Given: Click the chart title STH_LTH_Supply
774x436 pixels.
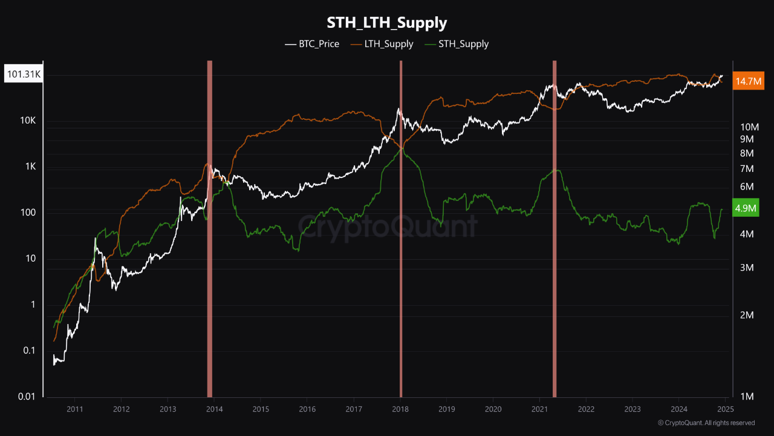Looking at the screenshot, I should (387, 23).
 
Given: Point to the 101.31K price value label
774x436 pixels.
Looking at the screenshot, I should (23, 75).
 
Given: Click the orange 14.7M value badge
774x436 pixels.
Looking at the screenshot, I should (746, 81).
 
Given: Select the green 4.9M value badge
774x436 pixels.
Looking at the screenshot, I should (745, 208).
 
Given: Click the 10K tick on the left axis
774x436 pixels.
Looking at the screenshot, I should (28, 121).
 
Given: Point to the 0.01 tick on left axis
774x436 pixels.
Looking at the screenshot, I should (25, 397).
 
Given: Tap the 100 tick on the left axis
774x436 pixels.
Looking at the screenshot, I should (28, 213).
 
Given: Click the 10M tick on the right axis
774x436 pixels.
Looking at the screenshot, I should (749, 127).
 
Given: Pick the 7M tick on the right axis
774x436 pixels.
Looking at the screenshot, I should (747, 168).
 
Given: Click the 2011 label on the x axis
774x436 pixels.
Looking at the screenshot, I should (75, 409).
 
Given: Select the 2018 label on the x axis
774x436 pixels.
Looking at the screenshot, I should (400, 409).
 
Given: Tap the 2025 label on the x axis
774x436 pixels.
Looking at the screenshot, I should (725, 409).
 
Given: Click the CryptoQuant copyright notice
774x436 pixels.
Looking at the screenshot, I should (706, 423).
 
